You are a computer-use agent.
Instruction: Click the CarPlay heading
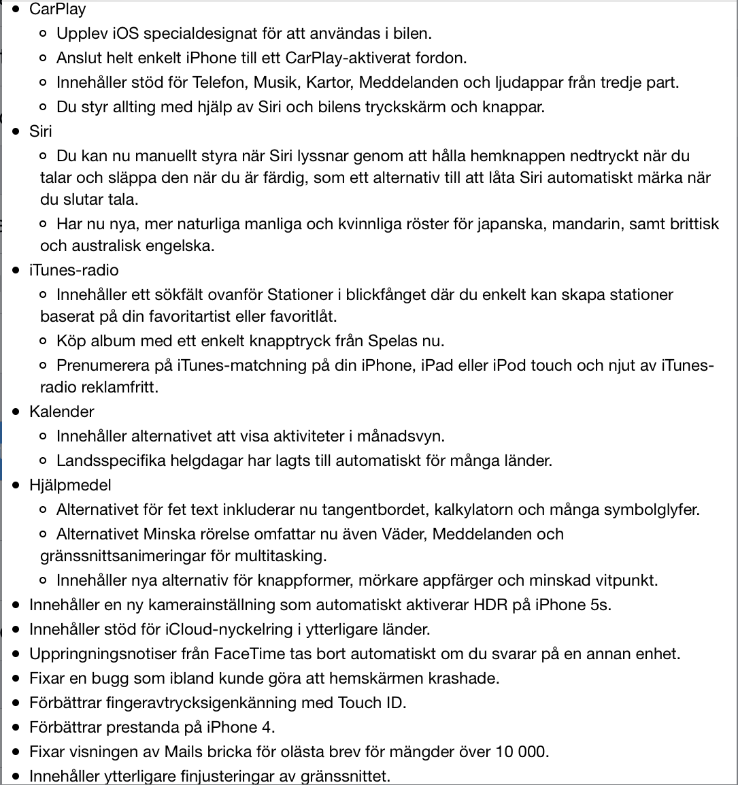tap(57, 9)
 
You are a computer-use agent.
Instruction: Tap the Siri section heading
tap(40, 131)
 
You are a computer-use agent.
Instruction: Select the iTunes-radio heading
tap(73, 270)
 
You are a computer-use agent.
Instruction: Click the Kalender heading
tap(61, 412)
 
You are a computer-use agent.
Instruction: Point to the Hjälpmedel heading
tap(70, 485)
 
